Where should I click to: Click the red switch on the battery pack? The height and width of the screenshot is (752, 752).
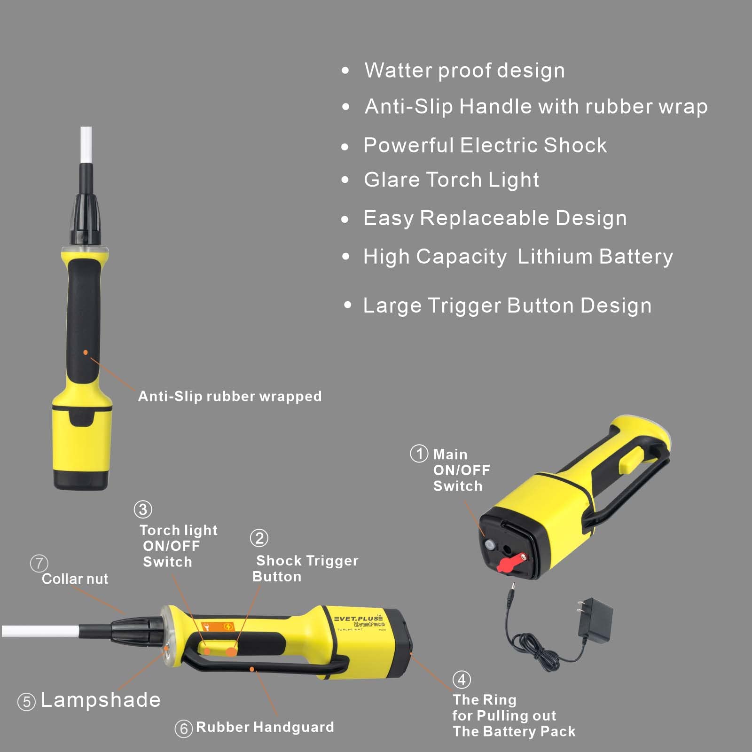(x=512, y=562)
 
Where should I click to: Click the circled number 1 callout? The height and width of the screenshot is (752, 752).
(x=419, y=454)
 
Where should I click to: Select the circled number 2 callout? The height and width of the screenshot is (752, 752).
(x=259, y=538)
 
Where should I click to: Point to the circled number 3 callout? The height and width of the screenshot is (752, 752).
(x=143, y=509)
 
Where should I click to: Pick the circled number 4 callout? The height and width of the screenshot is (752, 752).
(x=462, y=679)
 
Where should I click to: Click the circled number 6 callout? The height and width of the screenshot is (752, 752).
(x=184, y=728)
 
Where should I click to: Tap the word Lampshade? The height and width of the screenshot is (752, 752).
(x=101, y=700)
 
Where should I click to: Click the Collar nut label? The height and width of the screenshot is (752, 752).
(x=75, y=579)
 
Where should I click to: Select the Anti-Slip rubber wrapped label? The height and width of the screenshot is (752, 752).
(x=230, y=396)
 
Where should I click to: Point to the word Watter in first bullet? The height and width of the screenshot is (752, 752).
(x=398, y=70)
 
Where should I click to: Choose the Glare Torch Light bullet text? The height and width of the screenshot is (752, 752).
(x=451, y=180)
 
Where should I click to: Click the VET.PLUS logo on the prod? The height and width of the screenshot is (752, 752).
(x=358, y=619)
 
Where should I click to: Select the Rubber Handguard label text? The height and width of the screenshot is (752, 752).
(x=265, y=727)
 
